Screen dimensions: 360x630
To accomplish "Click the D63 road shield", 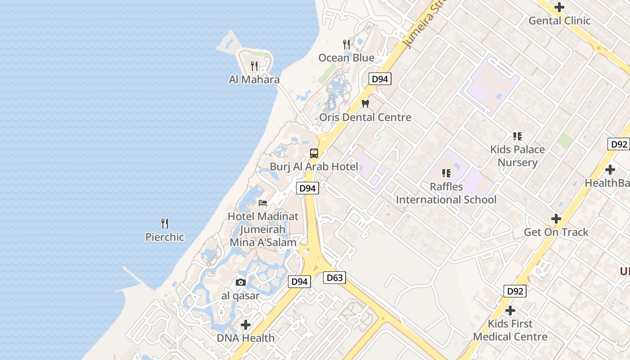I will (x=334, y=278).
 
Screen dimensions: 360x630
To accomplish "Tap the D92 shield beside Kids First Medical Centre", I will (x=515, y=291).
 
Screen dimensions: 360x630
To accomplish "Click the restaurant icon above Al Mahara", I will (x=254, y=66).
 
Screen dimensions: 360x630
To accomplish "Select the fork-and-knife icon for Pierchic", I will (x=165, y=223).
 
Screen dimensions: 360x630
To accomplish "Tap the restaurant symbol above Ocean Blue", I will (x=346, y=44).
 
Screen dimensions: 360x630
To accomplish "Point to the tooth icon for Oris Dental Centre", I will (x=365, y=103).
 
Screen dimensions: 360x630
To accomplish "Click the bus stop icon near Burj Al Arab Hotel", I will (x=314, y=153).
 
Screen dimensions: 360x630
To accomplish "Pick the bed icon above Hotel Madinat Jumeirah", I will (x=263, y=202).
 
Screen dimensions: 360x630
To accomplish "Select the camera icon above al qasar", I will (x=241, y=282).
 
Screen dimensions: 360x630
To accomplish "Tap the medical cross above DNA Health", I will (x=246, y=324).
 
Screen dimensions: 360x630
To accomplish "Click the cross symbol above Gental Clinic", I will (x=559, y=7).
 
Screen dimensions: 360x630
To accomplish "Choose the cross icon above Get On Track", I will (x=556, y=219).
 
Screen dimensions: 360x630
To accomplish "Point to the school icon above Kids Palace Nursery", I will (x=517, y=136).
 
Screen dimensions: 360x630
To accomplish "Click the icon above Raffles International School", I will (x=446, y=173).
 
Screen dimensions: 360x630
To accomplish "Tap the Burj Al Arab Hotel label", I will (x=314, y=166).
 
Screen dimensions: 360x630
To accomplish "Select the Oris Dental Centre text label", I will (x=365, y=117).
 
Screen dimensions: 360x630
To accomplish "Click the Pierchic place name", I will (x=165, y=237).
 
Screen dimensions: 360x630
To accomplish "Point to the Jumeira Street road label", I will (x=421, y=25).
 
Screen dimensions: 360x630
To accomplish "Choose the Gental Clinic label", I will (x=559, y=21).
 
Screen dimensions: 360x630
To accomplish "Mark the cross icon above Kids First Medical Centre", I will (x=510, y=310).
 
